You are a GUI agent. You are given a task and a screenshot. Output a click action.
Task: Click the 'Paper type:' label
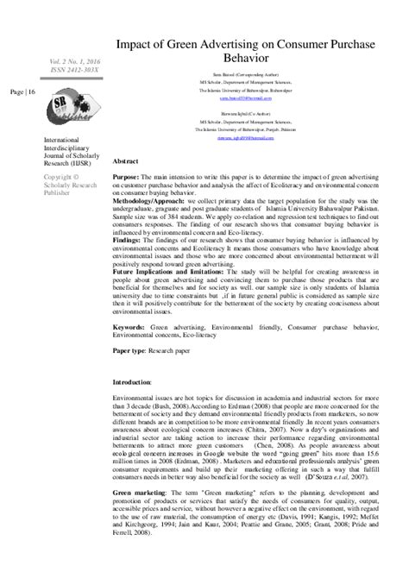pos(134,353)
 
